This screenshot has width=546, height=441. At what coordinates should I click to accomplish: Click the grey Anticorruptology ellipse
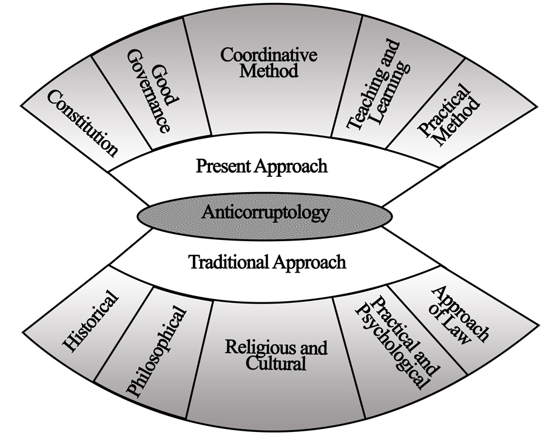point(265,213)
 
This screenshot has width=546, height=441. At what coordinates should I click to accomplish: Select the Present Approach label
point(261,166)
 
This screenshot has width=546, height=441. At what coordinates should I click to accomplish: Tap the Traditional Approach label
point(267,262)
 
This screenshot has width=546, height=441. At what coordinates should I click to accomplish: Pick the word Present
point(221,166)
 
